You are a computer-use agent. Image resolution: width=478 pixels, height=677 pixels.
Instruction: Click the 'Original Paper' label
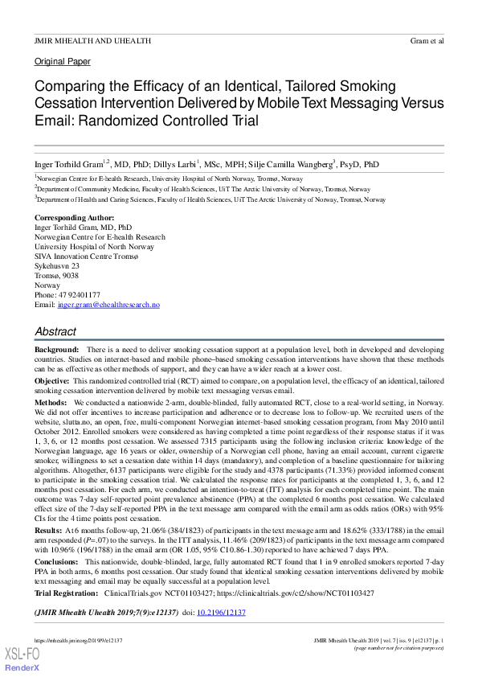click(x=62, y=61)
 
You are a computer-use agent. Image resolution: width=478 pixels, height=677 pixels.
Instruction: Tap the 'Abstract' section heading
click(x=55, y=331)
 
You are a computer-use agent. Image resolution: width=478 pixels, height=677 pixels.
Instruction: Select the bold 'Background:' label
click(x=56, y=351)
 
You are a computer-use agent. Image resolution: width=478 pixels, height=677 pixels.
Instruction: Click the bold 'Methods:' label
click(x=51, y=400)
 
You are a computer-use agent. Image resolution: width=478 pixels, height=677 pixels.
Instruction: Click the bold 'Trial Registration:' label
click(x=67, y=593)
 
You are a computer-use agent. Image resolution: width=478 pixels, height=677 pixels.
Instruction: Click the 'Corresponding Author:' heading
click(x=74, y=219)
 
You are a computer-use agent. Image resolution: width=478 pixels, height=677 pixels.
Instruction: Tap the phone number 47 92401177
click(x=78, y=295)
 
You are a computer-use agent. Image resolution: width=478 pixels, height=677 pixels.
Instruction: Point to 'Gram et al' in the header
click(x=427, y=40)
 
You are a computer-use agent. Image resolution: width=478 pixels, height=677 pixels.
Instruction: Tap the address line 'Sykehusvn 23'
click(x=57, y=266)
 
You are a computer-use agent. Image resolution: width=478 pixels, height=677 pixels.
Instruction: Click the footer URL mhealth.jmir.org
click(x=78, y=639)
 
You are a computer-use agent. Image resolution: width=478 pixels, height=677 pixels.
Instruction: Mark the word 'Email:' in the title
click(x=55, y=121)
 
